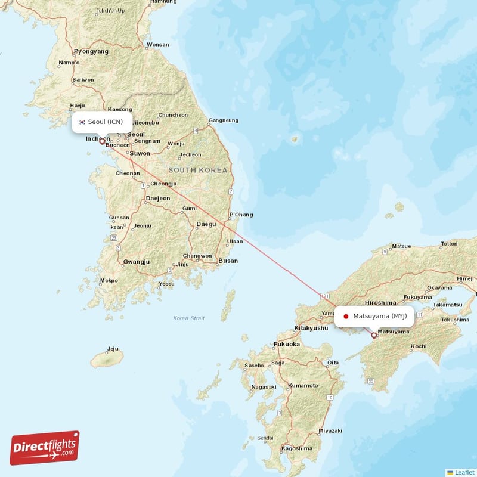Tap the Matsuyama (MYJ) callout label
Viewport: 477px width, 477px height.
374,316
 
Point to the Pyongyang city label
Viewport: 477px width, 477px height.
91,52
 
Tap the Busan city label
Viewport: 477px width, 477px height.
228,261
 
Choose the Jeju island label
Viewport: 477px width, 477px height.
113,349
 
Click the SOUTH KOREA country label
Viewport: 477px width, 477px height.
198,170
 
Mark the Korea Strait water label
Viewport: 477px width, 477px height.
188,318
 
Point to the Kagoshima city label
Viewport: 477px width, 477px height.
297,448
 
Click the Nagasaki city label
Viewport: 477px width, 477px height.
264,386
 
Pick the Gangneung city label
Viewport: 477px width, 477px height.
223,120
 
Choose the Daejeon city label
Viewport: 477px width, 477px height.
158,198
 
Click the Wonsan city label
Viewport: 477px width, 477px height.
158,44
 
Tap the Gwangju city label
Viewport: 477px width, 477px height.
136,262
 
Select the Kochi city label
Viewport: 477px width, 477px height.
419,346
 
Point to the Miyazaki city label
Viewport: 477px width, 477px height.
330,430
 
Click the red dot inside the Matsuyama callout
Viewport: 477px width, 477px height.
346,316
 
